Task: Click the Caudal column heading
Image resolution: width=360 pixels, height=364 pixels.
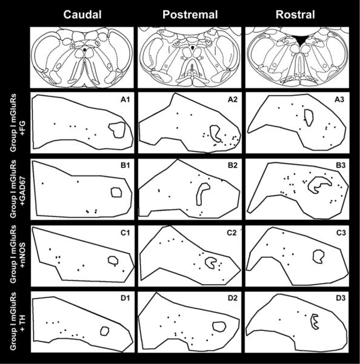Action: tap(82, 15)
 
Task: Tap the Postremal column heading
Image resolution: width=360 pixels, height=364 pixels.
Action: tap(190, 15)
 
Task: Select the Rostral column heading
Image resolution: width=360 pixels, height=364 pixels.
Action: tap(295, 15)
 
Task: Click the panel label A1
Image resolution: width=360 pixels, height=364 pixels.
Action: tap(125, 99)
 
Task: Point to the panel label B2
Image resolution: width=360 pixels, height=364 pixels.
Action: tap(233, 165)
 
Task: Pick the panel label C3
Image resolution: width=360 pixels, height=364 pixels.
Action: tap(341, 233)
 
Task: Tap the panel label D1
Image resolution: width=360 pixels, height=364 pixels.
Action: tap(125, 298)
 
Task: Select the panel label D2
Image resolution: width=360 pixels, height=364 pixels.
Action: tap(233, 298)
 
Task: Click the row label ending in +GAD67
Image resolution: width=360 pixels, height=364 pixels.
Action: tap(18, 188)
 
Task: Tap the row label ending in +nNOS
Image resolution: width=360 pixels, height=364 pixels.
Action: tap(18, 254)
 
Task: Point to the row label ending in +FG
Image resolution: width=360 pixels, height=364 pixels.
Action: tap(18, 122)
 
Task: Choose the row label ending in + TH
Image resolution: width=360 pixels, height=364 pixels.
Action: tap(18, 321)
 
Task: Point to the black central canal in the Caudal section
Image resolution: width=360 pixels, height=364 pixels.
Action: tap(84, 50)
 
